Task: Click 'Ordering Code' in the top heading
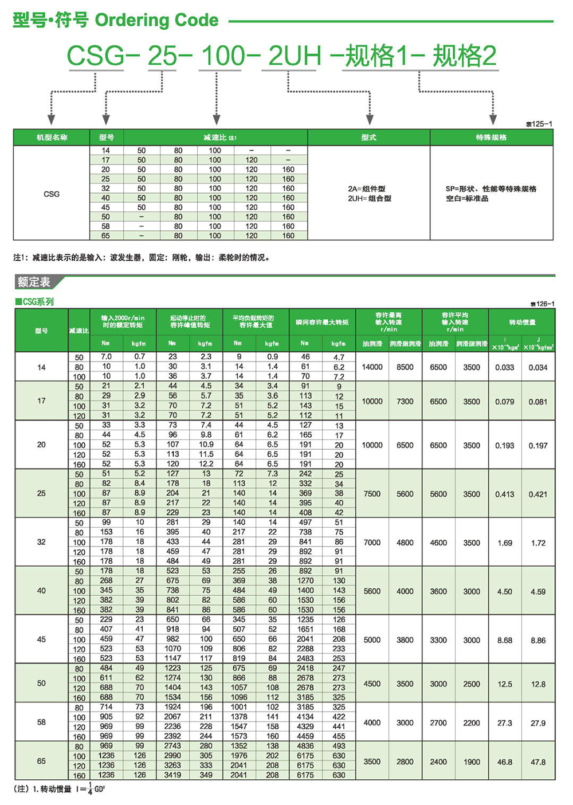click(x=156, y=20)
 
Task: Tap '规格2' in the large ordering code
click(x=464, y=56)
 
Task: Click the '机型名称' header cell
click(x=52, y=138)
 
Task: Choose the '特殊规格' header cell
click(x=491, y=138)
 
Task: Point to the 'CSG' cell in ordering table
click(x=52, y=194)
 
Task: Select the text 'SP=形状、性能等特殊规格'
click(x=491, y=189)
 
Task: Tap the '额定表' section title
click(x=34, y=282)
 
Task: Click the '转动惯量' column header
click(x=521, y=322)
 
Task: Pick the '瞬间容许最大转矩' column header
click(x=322, y=322)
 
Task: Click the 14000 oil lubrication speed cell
click(x=372, y=367)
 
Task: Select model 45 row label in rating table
click(x=41, y=639)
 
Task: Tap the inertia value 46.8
click(x=505, y=762)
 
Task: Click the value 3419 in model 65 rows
click(x=172, y=775)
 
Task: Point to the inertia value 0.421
click(x=538, y=494)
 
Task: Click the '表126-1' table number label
click(x=542, y=304)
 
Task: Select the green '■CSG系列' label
click(x=34, y=302)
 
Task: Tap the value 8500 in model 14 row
click(x=405, y=367)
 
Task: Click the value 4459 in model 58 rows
click(x=305, y=736)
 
